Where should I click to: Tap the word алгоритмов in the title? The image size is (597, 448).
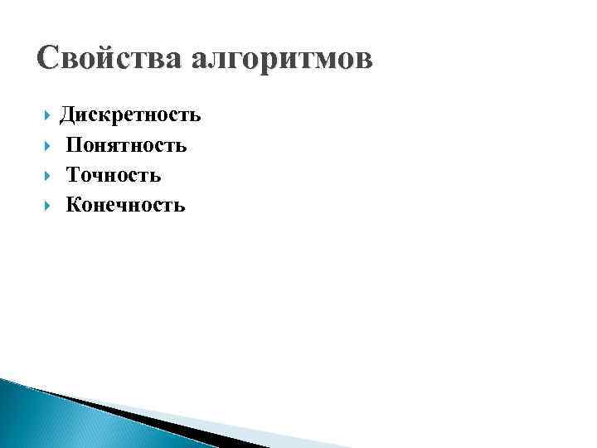(x=282, y=60)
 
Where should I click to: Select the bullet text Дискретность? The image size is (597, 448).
(x=130, y=115)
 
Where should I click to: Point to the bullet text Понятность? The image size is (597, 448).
(x=126, y=145)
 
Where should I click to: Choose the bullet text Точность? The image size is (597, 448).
(x=114, y=175)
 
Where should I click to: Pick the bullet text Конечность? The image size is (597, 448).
(x=125, y=205)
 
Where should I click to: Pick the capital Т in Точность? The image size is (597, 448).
(x=75, y=175)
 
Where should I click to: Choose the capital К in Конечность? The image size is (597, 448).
(x=75, y=205)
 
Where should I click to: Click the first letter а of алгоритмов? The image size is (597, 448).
(x=200, y=61)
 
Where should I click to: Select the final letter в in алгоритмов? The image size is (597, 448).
(x=365, y=61)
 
